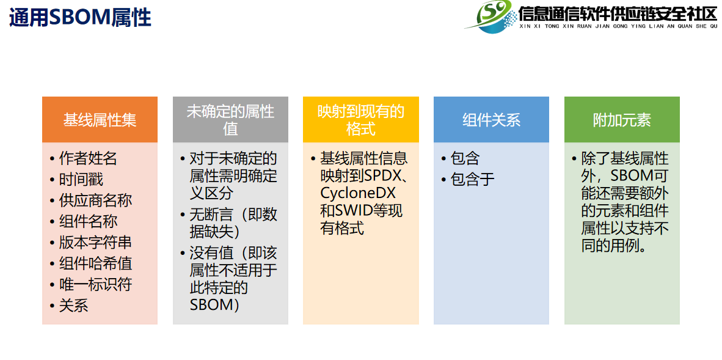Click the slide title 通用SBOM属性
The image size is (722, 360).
80,18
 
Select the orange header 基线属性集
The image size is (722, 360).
100,119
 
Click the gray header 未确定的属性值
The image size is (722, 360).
230,119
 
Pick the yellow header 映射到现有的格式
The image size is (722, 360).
361,119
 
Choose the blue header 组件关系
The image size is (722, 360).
491,119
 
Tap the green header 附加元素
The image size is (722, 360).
622,119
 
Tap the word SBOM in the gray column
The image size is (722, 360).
210,305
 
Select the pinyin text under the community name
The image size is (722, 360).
618,26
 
